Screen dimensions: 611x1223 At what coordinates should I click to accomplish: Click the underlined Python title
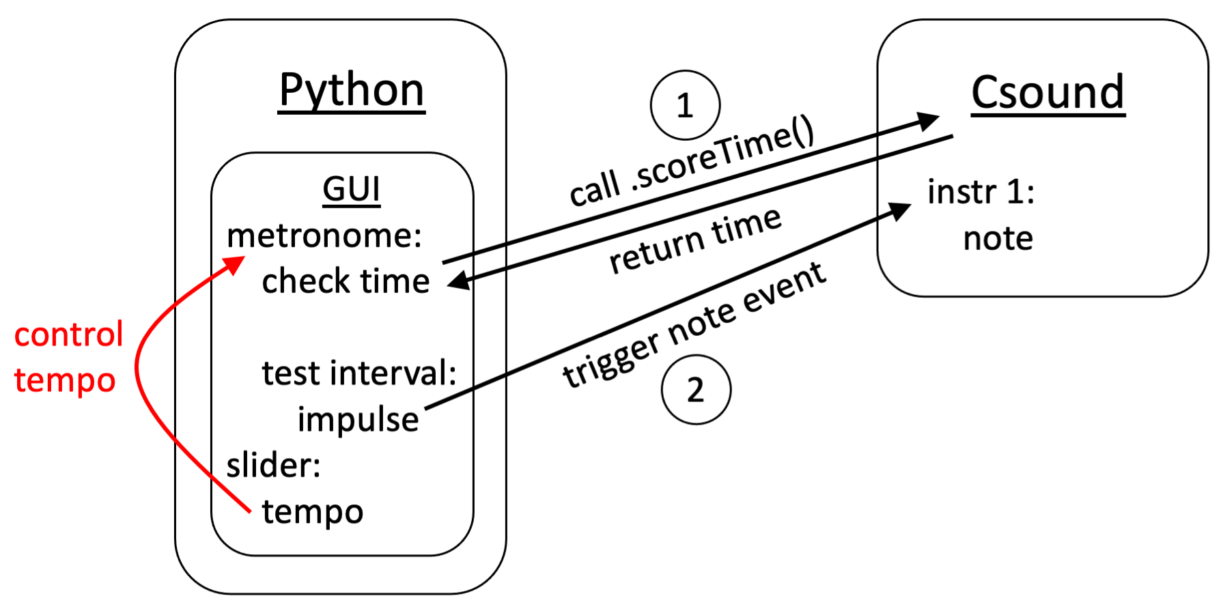(x=352, y=90)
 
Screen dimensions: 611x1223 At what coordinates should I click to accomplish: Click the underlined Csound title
(x=1048, y=93)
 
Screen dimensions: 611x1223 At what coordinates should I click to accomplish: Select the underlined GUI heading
(x=351, y=189)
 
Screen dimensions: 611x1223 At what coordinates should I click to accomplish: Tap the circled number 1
(x=685, y=105)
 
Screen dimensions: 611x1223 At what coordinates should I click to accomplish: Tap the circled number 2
(x=696, y=390)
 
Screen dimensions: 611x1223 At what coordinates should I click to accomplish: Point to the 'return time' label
(x=695, y=240)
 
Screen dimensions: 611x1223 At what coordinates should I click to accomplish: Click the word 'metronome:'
(x=324, y=236)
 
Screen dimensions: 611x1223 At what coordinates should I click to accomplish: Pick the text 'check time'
(x=346, y=281)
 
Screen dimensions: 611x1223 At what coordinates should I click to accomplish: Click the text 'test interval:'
(x=359, y=373)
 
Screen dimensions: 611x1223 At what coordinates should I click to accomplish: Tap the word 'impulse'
(x=358, y=419)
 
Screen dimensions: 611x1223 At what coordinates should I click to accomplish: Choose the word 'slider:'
(x=273, y=466)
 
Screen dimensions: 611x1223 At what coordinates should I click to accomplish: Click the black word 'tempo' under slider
(x=313, y=512)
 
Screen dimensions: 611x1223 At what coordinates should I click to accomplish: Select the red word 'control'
(x=68, y=335)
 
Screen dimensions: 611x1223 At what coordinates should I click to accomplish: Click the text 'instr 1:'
(x=981, y=193)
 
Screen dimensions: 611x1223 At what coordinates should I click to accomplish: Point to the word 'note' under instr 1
(x=998, y=239)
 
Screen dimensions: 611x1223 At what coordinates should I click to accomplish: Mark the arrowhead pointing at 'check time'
(x=458, y=281)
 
